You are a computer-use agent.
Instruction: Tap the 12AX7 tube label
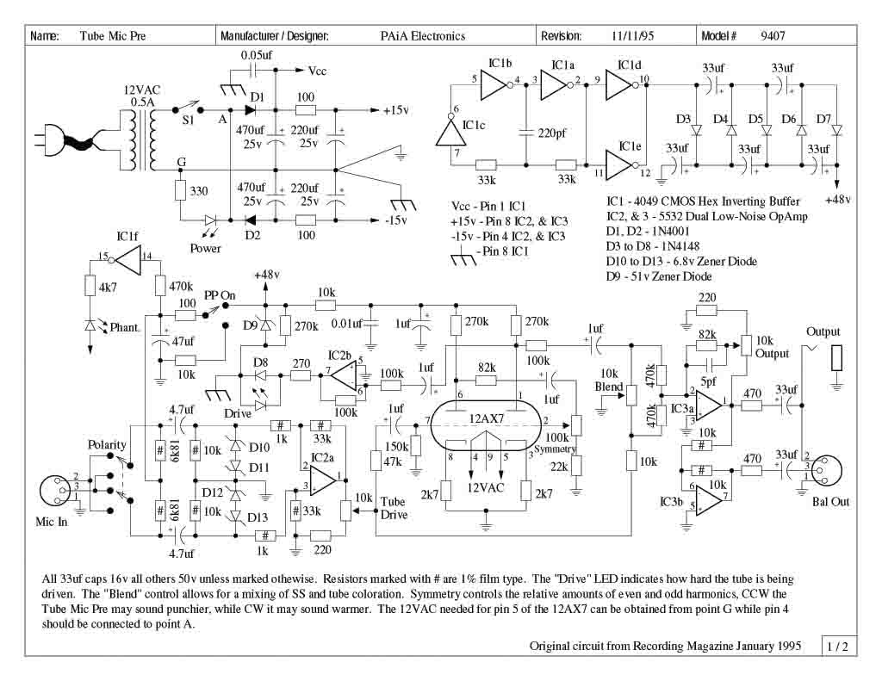tap(488, 418)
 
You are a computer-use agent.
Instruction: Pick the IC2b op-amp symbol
tap(342, 375)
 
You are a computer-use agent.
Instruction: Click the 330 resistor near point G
tap(181, 191)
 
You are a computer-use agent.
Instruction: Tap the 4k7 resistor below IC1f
tap(90, 285)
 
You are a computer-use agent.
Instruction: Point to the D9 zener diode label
tap(249, 325)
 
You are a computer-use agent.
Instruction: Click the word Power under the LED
tap(205, 249)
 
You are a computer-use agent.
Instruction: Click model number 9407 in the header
tap(772, 36)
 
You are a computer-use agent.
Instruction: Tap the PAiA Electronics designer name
tap(422, 36)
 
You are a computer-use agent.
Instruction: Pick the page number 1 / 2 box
tap(837, 645)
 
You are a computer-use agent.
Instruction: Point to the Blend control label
tap(610, 387)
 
